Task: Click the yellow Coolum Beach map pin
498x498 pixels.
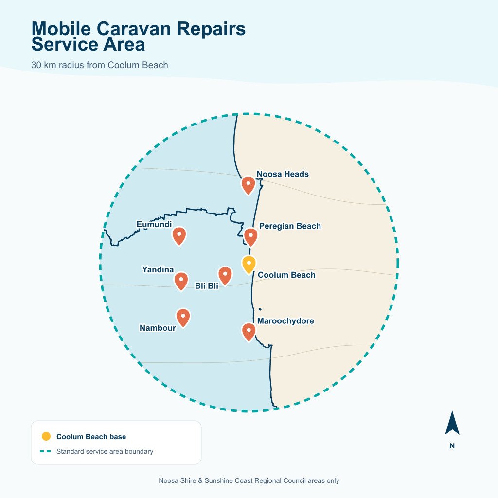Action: click(x=249, y=265)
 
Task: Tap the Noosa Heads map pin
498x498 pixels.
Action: click(x=248, y=185)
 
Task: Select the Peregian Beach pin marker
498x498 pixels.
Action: click(x=250, y=237)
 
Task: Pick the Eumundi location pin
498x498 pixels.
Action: click(x=179, y=236)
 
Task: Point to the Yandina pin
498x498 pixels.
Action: click(x=181, y=281)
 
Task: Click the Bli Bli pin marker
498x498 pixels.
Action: click(x=225, y=276)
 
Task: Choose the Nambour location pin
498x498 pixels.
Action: click(x=183, y=318)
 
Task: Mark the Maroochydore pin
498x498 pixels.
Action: click(x=249, y=332)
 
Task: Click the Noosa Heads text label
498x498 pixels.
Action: click(x=283, y=174)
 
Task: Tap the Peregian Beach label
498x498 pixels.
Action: click(x=290, y=226)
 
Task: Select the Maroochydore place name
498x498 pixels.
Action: click(x=285, y=321)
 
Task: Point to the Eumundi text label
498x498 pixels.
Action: click(x=154, y=224)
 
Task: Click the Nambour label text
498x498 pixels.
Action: click(x=158, y=328)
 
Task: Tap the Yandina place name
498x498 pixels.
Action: click(x=158, y=269)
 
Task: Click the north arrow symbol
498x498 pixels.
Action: click(x=452, y=423)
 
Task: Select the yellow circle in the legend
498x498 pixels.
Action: click(x=46, y=436)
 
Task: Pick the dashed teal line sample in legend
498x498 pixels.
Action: click(x=45, y=451)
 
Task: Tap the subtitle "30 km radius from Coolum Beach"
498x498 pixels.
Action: click(x=99, y=65)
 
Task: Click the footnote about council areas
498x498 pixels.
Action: click(x=249, y=481)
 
